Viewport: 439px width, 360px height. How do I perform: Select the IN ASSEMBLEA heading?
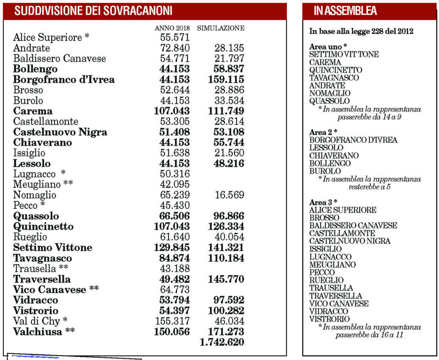pyautogui.click(x=345, y=11)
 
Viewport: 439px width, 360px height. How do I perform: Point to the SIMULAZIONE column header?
pyautogui.click(x=221, y=28)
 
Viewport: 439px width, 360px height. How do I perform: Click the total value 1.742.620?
pyautogui.click(x=222, y=342)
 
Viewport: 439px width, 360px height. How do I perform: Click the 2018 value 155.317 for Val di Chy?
pyautogui.click(x=171, y=321)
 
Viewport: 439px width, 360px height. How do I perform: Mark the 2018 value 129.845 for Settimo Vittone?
pyautogui.click(x=171, y=248)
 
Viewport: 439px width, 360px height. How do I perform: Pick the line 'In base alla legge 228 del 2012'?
pyautogui.click(x=361, y=31)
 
